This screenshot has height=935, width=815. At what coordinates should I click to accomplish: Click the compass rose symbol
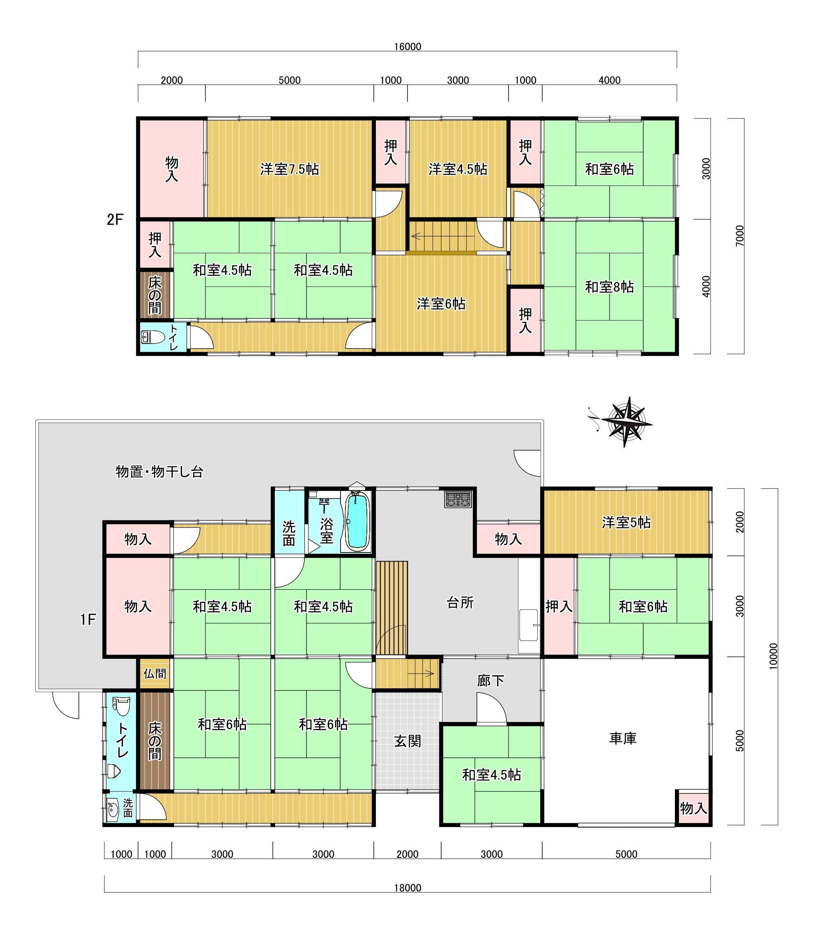tap(626, 422)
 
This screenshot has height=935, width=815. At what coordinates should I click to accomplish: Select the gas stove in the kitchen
tap(458, 499)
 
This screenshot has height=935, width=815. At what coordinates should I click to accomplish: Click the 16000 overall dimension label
tap(407, 47)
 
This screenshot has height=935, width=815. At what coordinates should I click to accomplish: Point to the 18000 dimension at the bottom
tap(407, 887)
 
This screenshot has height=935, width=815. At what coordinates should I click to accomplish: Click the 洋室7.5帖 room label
tap(290, 169)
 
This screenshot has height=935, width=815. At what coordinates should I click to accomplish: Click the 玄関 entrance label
tap(407, 741)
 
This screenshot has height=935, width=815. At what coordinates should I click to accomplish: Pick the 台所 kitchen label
tap(460, 603)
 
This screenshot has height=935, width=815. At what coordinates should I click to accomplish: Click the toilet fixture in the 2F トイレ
tap(153, 337)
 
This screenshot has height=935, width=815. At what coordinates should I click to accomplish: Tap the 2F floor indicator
tap(115, 220)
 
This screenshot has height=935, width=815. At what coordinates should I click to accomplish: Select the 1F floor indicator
tap(88, 619)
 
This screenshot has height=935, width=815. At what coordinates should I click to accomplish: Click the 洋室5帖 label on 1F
tap(626, 522)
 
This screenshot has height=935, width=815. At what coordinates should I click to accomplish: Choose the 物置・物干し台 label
tap(159, 472)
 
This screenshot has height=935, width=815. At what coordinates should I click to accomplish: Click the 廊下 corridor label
tap(491, 680)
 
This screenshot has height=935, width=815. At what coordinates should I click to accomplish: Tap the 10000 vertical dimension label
tap(774, 656)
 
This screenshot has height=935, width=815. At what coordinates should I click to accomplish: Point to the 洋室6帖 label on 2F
tap(441, 303)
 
